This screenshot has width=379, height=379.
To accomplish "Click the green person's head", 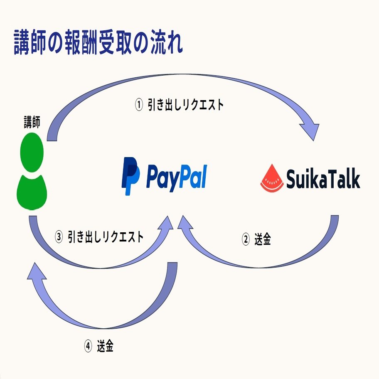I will pos(32,152).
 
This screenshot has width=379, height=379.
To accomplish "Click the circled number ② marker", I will pos(246,240).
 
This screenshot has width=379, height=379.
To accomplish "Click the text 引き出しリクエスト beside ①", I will pos(185,105).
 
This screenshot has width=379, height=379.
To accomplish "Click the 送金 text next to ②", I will pos(262,240).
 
